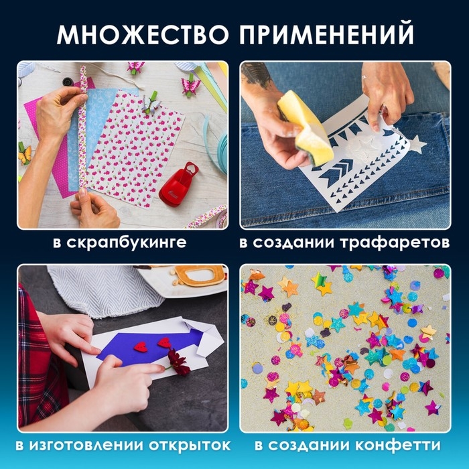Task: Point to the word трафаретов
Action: click(403, 242)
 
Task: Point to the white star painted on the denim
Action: click(417, 144)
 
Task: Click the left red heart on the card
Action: click(141, 346)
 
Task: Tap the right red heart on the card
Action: click(164, 342)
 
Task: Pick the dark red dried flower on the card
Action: click(179, 362)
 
